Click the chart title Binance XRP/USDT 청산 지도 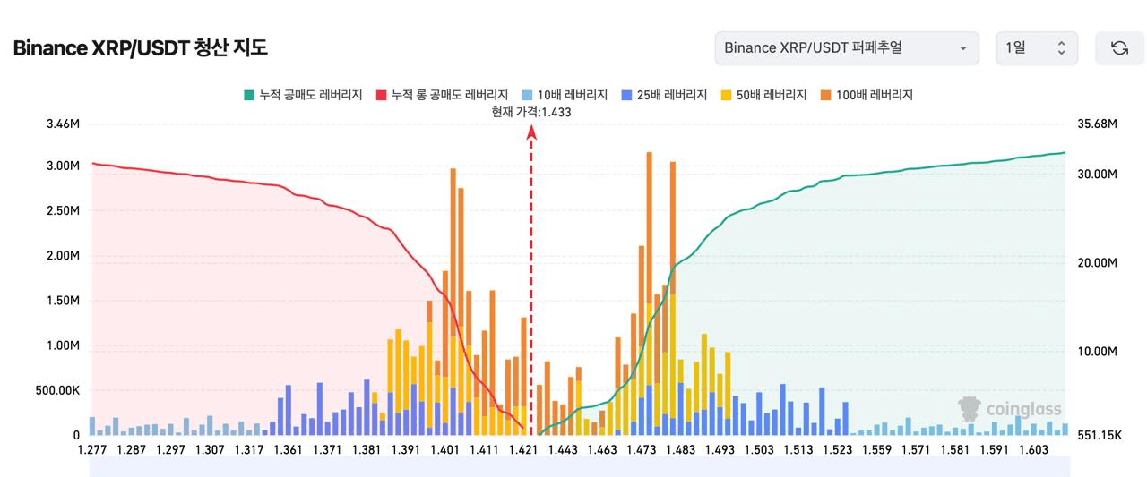140,48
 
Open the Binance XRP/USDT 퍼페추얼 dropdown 846,47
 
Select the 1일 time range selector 1036,47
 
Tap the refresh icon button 1119,48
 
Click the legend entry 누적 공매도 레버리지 302,95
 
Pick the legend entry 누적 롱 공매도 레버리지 442,95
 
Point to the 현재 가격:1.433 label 531,112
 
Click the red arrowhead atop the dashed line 531,132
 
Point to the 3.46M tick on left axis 63,124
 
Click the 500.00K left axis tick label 57,390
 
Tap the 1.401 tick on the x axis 444,450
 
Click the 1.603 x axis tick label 1033,450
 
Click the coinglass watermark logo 1010,410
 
